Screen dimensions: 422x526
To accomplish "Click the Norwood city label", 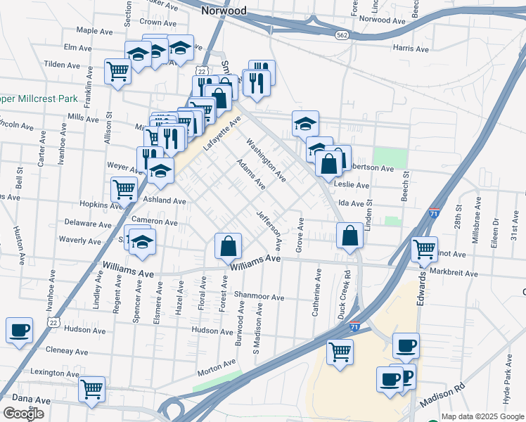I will click(224, 11).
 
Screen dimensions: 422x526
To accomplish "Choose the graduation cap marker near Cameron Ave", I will click(143, 242).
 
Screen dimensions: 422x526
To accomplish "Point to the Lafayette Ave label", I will click(222, 134).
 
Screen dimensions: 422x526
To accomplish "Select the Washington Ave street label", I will click(266, 160).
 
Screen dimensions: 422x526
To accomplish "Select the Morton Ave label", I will click(216, 364).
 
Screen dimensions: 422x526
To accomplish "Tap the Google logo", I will click(23, 414).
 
